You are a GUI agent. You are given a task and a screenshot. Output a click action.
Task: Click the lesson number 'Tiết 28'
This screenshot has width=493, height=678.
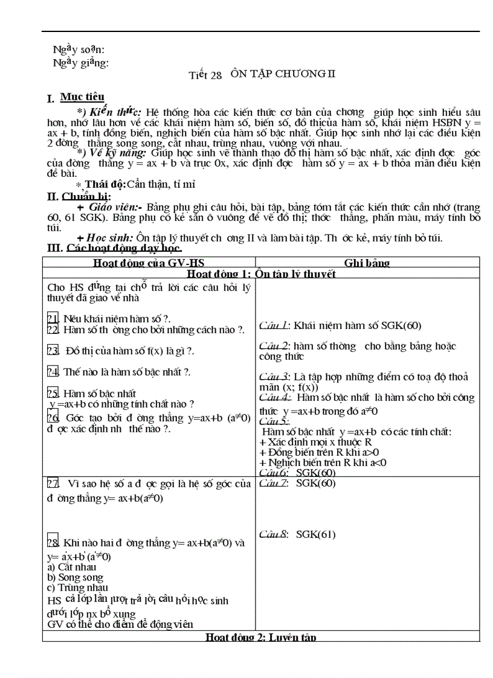(x=205, y=75)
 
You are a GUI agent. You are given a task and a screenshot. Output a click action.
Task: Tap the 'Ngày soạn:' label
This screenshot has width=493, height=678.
(x=79, y=50)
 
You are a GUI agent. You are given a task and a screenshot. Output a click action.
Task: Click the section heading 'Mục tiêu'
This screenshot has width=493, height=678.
(x=82, y=97)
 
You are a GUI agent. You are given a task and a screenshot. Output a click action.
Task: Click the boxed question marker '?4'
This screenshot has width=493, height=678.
(x=53, y=372)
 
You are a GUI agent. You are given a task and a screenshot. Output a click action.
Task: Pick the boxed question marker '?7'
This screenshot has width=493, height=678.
(x=53, y=483)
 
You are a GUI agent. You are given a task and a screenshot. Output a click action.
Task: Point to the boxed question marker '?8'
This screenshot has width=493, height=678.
(x=53, y=543)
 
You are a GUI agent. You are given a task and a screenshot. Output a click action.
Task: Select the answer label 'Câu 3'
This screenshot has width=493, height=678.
(x=274, y=376)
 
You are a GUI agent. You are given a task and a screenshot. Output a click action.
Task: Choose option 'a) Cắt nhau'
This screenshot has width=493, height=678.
(x=71, y=567)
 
